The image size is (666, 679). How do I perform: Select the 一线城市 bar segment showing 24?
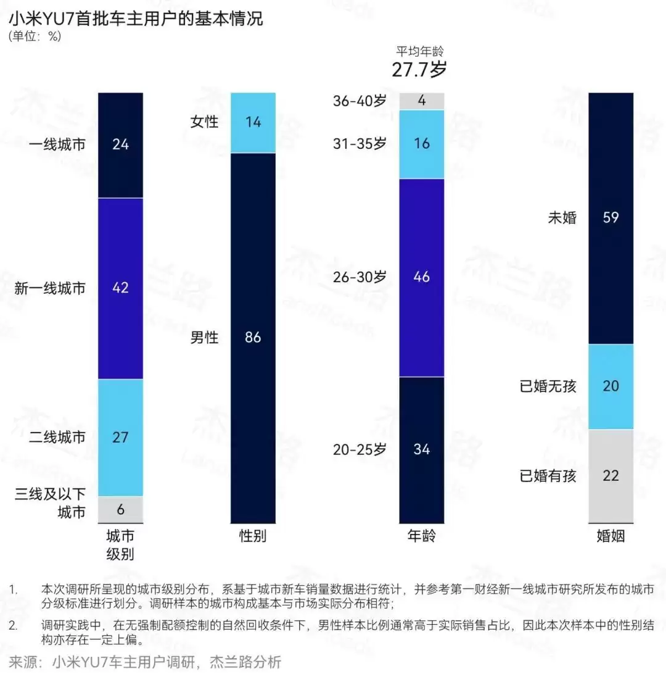pyautogui.click(x=120, y=145)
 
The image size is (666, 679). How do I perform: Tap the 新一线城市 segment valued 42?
pyautogui.click(x=120, y=288)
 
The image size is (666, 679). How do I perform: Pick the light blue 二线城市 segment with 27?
pyautogui.click(x=120, y=437)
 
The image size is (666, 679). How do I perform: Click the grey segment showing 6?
pyautogui.click(x=120, y=509)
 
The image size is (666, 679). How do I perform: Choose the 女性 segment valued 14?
pyautogui.click(x=253, y=122)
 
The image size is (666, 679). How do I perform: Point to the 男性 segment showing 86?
pyautogui.click(x=253, y=337)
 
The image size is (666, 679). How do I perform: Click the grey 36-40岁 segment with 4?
pyautogui.click(x=422, y=101)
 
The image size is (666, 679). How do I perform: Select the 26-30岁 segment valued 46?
pyautogui.click(x=422, y=277)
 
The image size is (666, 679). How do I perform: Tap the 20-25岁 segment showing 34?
pyautogui.click(x=422, y=449)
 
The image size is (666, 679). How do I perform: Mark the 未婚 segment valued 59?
pyautogui.click(x=610, y=217)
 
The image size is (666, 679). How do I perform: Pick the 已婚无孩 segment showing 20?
pyautogui.click(x=610, y=386)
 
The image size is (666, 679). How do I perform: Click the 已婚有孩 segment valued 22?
pyautogui.click(x=610, y=476)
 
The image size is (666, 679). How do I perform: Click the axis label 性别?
pyautogui.click(x=253, y=536)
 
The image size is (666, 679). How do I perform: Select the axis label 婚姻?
pyautogui.click(x=610, y=536)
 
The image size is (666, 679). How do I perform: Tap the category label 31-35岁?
pyautogui.click(x=360, y=144)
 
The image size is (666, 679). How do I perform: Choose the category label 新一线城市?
pyautogui.click(x=50, y=288)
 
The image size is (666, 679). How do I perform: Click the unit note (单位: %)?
pyautogui.click(x=35, y=36)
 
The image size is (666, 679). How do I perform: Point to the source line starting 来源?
pyautogui.click(x=145, y=662)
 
